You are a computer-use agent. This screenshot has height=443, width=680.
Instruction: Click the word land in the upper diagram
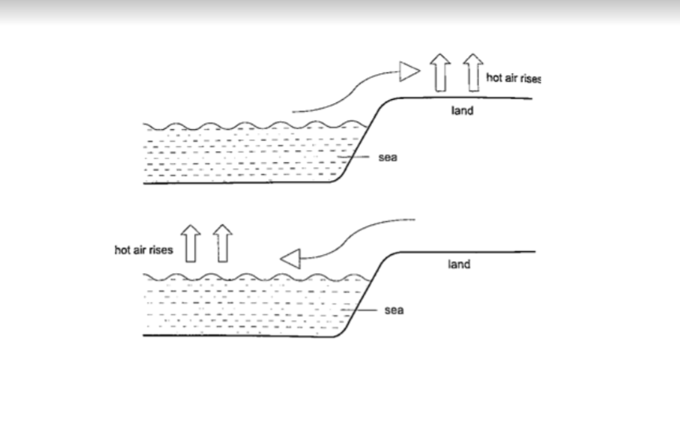463,111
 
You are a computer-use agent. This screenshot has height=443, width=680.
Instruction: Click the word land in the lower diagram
459,264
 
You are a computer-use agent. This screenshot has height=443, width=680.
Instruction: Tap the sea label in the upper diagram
388,158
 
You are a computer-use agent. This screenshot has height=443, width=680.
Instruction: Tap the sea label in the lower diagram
394,310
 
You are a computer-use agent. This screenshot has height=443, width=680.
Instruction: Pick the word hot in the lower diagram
122,250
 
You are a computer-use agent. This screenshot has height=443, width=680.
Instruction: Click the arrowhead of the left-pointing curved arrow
291,257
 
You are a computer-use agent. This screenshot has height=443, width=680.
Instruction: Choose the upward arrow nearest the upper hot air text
472,73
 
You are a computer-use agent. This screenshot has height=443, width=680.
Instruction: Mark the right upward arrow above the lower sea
223,243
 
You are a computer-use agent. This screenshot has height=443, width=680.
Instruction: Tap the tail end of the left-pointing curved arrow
413,220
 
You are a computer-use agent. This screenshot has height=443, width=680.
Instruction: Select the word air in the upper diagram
508,78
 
